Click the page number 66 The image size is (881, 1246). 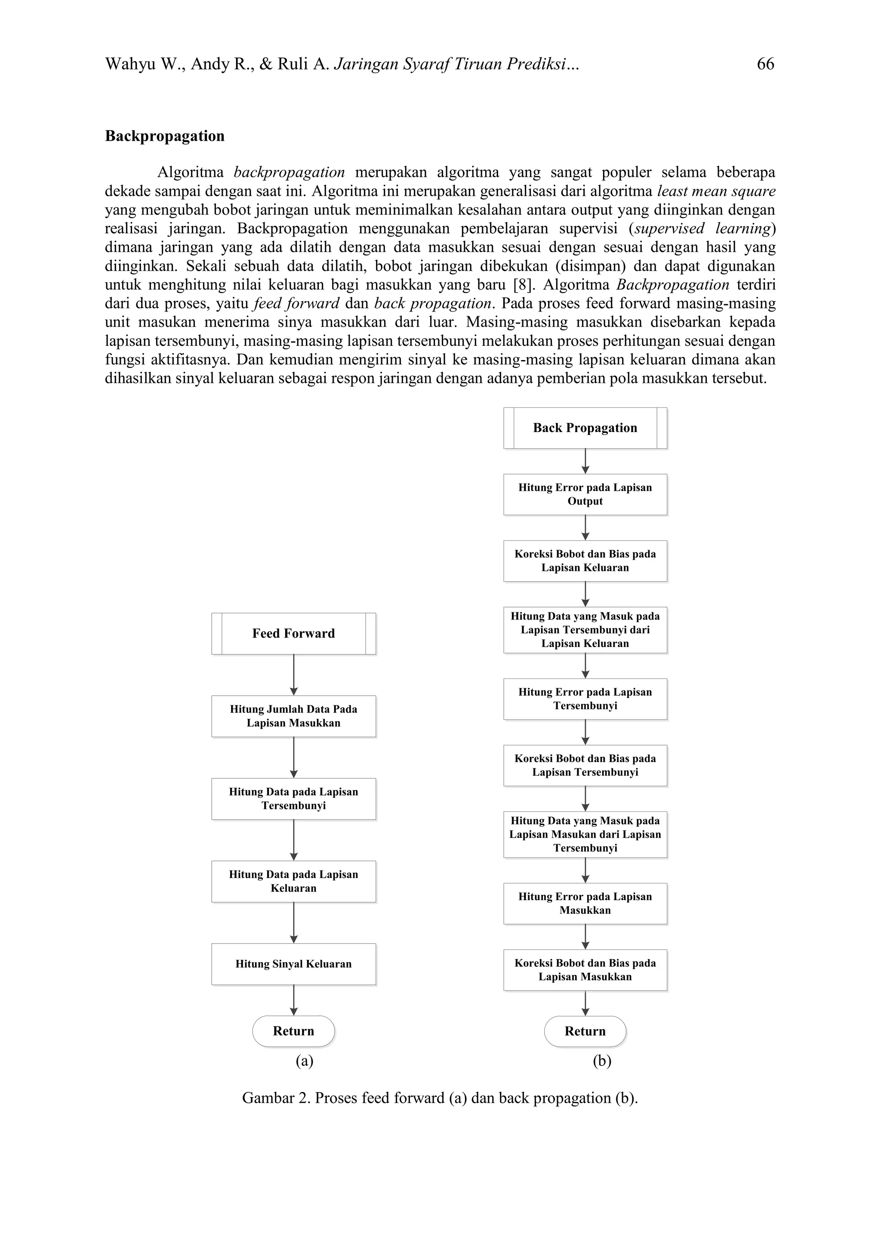click(x=765, y=64)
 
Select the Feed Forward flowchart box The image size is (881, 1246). click(x=293, y=633)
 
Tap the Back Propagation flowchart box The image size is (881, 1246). click(x=585, y=428)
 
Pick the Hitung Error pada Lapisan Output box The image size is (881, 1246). click(x=585, y=494)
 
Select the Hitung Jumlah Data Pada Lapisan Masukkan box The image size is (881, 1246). click(x=293, y=716)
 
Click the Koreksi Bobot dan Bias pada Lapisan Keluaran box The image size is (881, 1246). click(x=585, y=561)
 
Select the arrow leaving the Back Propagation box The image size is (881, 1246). click(x=585, y=461)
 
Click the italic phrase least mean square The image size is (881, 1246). click(x=716, y=191)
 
